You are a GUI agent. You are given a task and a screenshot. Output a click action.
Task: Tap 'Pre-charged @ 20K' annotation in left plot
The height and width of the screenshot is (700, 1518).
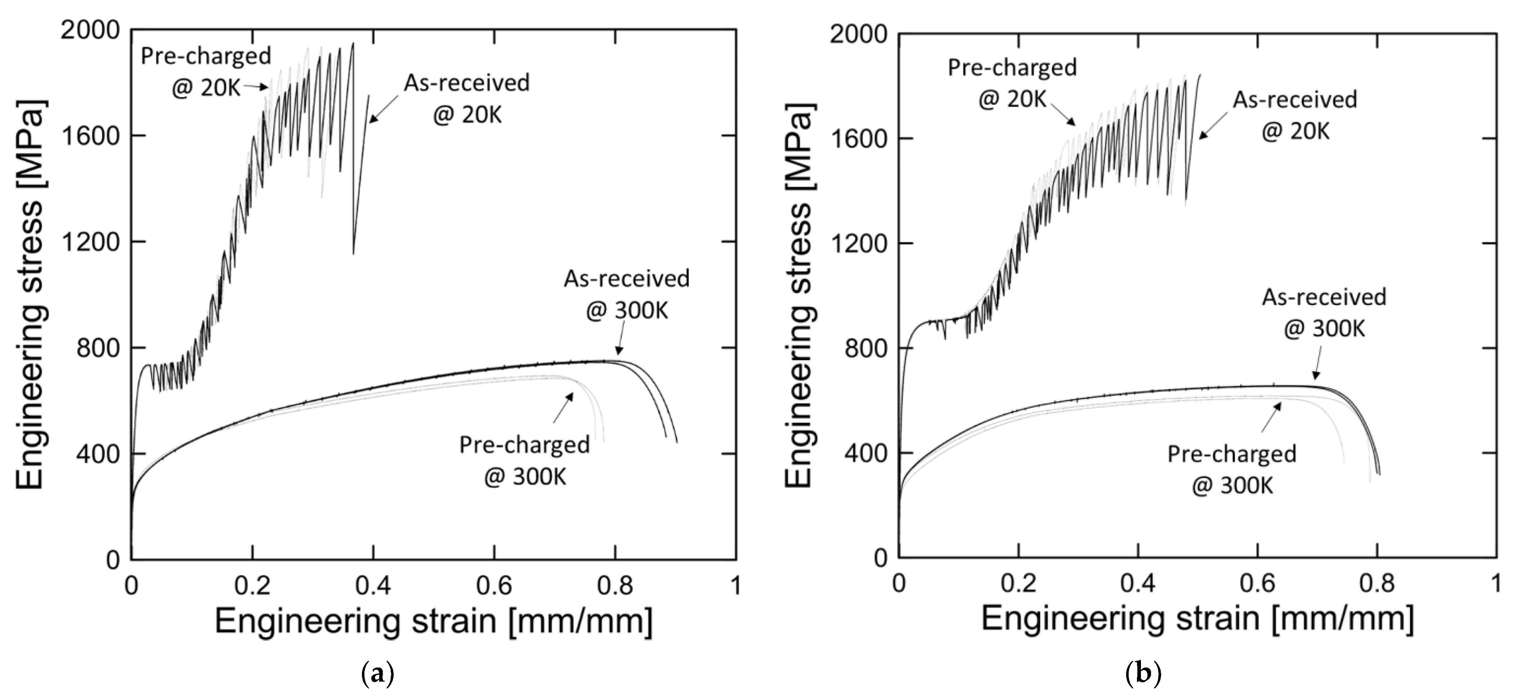(206, 72)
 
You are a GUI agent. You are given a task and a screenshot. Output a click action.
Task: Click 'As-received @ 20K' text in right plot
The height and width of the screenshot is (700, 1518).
(1294, 115)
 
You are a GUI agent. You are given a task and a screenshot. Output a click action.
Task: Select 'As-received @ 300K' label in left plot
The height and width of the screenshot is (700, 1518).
(627, 294)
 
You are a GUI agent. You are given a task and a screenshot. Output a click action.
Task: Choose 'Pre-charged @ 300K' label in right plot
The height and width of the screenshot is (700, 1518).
(1232, 470)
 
